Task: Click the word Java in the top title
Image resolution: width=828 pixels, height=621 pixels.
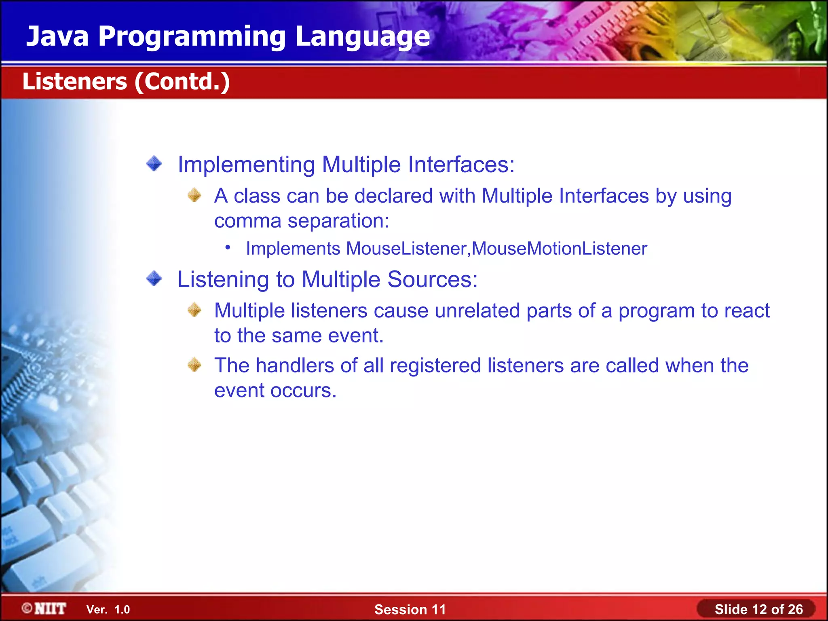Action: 57,36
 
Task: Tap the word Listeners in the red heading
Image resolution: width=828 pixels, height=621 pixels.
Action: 75,82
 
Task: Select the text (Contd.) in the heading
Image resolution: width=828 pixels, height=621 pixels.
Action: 182,82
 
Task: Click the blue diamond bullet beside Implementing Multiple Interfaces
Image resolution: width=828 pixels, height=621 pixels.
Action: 154,164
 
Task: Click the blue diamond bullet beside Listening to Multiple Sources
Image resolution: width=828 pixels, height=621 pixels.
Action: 154,279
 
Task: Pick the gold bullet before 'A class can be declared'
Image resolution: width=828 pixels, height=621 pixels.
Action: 194,195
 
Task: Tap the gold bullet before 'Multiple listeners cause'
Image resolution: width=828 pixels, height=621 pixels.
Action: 194,310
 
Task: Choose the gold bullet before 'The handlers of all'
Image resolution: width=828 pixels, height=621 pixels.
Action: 194,365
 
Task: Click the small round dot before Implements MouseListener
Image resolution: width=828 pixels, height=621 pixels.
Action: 228,247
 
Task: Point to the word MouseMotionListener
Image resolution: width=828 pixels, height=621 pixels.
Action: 559,249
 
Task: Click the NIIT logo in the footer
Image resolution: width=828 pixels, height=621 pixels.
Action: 44,608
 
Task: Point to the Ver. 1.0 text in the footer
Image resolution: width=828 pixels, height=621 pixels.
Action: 108,610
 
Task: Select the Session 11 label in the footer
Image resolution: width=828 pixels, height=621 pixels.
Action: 410,609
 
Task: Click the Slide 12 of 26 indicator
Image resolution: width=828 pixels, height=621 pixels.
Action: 758,609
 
